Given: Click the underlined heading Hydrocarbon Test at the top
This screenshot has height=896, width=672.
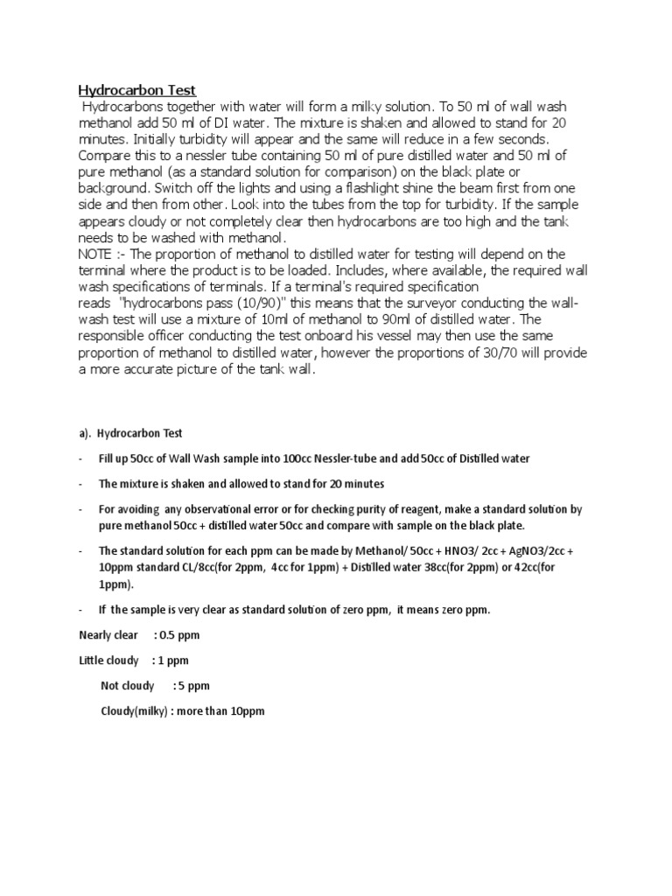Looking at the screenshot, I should (137, 89).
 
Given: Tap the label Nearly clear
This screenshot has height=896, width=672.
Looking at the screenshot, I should (108, 635).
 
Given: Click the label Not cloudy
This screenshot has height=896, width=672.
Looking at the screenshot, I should (128, 685).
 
